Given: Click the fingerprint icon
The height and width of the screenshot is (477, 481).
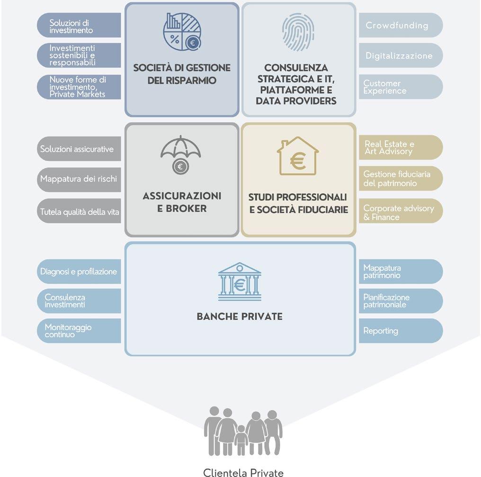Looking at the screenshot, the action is click(x=298, y=32).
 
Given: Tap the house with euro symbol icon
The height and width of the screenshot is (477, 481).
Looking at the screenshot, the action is click(x=298, y=156).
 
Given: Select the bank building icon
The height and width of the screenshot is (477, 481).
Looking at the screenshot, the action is click(x=240, y=282).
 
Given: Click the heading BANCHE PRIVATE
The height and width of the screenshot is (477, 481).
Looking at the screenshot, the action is click(x=240, y=316).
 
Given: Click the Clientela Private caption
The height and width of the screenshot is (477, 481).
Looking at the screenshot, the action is click(x=243, y=472).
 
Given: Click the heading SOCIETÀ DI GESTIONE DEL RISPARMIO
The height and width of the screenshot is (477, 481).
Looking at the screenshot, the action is click(x=182, y=74).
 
